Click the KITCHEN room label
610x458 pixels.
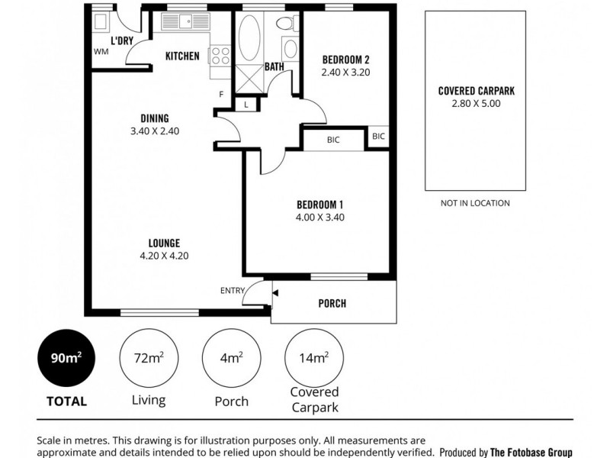tap(183, 56)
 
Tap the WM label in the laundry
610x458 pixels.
tap(101, 52)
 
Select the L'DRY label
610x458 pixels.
tap(122, 40)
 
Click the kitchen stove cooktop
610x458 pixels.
tap(220, 55)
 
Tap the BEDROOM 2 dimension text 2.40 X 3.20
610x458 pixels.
tap(345, 74)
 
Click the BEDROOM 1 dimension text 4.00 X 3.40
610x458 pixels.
tap(320, 217)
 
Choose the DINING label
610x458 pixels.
tap(154, 118)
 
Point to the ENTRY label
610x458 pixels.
tap(232, 290)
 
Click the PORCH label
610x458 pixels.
tap(332, 303)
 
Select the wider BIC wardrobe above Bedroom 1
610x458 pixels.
tap(333, 140)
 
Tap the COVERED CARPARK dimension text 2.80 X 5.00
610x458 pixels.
tap(476, 103)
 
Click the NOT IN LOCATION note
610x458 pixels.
tap(475, 203)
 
